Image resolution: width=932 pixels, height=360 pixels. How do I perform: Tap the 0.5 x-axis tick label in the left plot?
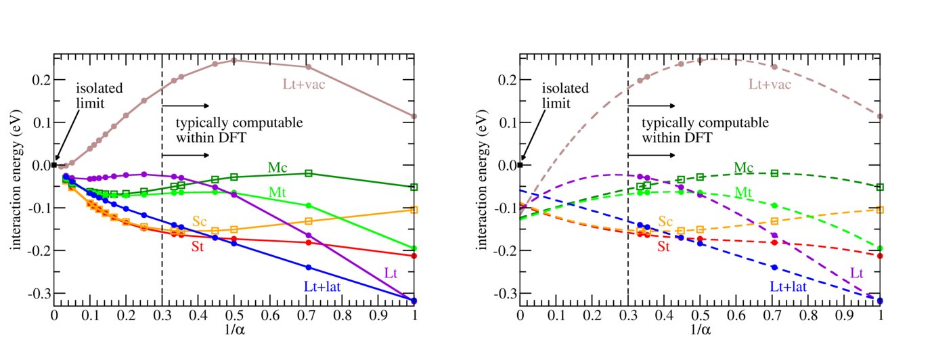[x=234, y=316]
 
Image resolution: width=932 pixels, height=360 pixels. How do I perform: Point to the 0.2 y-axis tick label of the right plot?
[x=506, y=80]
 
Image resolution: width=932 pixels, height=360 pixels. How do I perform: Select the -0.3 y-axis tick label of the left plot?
[x=37, y=294]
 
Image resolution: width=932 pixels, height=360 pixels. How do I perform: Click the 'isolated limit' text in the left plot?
[x=95, y=95]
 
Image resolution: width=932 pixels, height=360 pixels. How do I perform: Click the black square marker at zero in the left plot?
[x=54, y=164]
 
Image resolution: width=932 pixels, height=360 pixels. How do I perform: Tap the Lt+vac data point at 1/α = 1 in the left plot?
[x=414, y=116]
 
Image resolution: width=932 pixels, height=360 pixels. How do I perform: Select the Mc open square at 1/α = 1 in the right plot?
[x=881, y=187]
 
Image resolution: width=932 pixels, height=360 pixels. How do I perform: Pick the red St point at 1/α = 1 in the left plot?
[x=414, y=256]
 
